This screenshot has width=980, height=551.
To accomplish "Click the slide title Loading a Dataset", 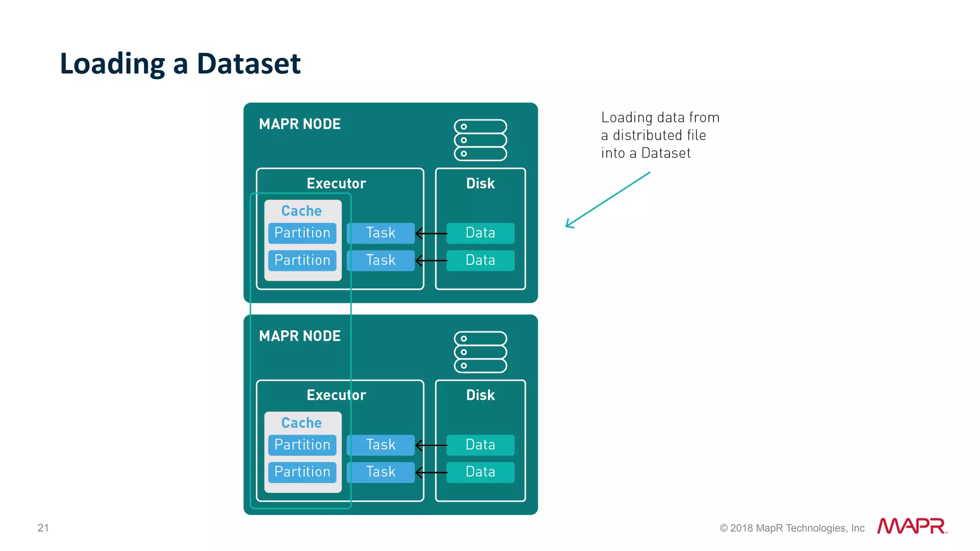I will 180,64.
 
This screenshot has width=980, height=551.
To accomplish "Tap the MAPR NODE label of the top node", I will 300,124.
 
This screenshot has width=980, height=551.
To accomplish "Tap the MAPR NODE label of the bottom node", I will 300,336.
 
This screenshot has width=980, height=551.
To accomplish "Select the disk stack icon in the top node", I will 480,140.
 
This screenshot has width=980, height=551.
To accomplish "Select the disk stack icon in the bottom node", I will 480,352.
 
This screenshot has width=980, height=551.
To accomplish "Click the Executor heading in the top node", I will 336,184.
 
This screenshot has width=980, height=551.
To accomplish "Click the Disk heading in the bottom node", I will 480,395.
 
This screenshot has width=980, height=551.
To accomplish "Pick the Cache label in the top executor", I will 301,211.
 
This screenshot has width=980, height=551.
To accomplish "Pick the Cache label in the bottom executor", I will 301,423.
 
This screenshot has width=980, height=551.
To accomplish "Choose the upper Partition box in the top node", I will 302,233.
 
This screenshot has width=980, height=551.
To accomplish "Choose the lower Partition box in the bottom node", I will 302,472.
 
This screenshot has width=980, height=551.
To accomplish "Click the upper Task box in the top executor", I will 380,233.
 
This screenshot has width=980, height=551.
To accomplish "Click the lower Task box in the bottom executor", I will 380,472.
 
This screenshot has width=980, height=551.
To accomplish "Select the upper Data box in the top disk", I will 480,233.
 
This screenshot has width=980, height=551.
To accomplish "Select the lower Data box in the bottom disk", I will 480,472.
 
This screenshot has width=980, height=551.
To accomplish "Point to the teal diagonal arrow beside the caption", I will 608,199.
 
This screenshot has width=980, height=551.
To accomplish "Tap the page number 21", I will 43,528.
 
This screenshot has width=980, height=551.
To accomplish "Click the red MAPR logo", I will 912,526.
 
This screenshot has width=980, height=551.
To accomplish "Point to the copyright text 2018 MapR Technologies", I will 792,528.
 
